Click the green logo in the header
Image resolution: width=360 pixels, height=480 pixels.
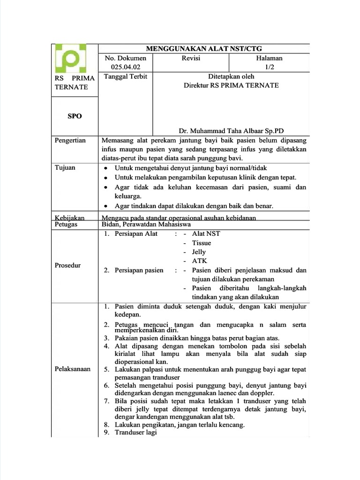70,59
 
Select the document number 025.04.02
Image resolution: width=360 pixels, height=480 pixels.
126,67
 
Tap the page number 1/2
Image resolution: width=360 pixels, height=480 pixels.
269,67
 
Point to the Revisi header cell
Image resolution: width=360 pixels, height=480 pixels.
191,58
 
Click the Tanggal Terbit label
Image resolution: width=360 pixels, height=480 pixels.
125,76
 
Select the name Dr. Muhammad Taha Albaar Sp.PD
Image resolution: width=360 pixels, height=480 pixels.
232,131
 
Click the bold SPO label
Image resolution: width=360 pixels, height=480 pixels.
75,116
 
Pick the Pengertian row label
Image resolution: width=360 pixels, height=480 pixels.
70,140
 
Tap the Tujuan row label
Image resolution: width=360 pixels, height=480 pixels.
65,167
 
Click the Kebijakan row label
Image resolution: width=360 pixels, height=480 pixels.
69,217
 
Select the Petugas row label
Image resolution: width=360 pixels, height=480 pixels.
67,225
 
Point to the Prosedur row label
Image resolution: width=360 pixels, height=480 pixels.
67,265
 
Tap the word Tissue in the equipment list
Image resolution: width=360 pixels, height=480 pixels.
202,243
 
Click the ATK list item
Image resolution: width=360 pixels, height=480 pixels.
199,261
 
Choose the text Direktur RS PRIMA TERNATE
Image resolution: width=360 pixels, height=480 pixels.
231,85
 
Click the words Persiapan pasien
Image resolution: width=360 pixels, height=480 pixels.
139,270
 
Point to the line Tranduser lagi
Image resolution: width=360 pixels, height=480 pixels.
135,432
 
